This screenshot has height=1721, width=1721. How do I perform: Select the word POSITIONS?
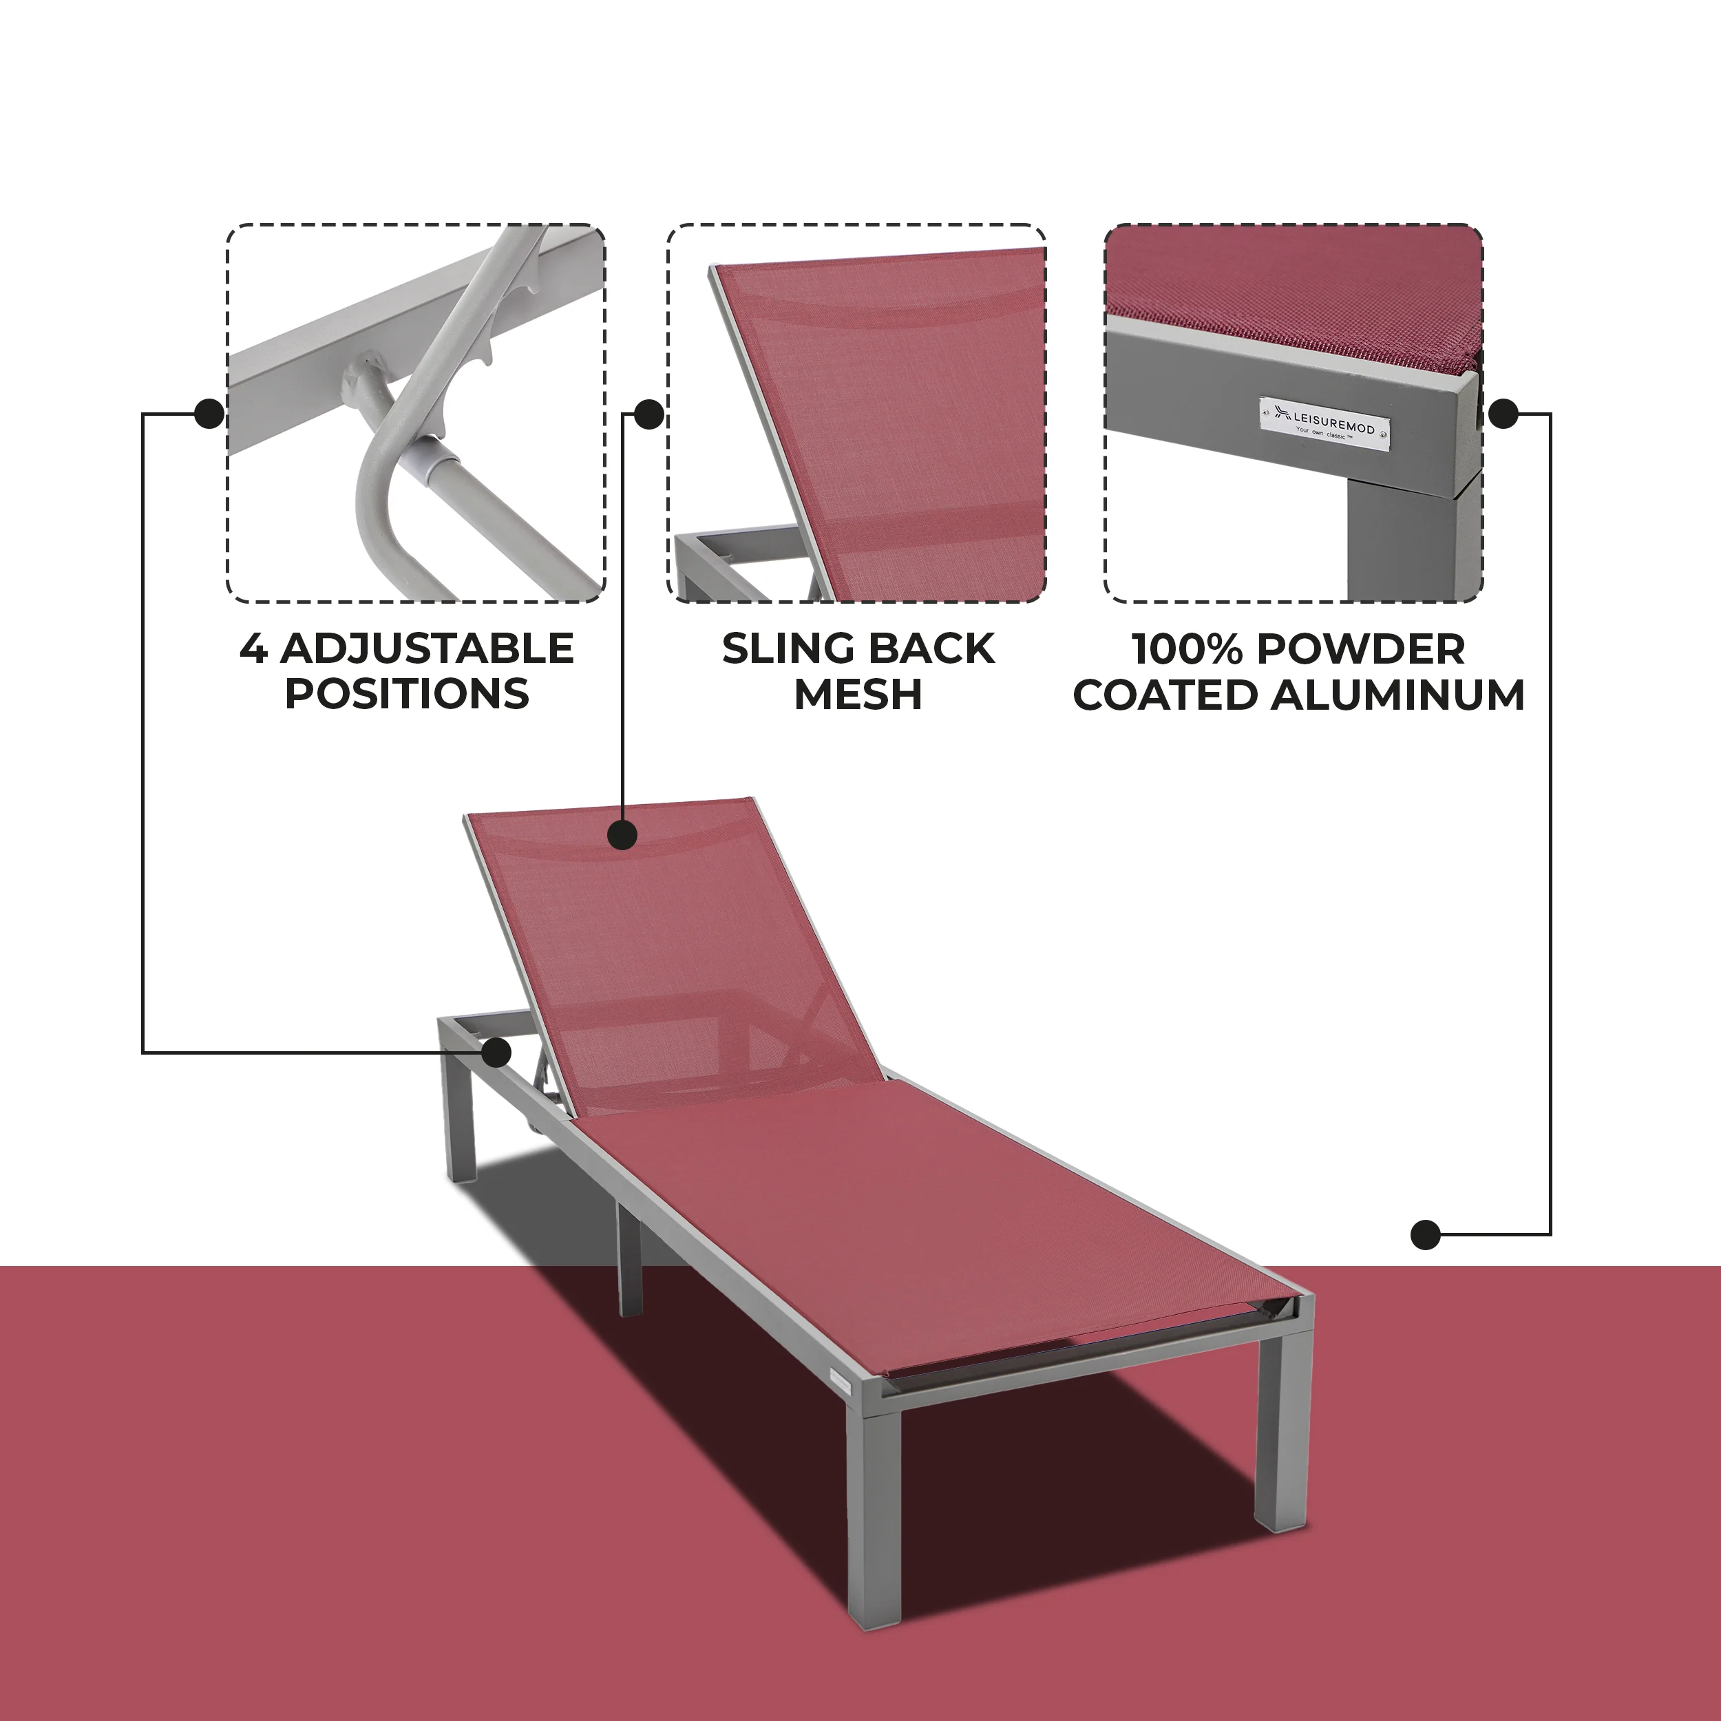click(407, 694)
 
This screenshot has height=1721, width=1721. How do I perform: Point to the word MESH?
click(858, 694)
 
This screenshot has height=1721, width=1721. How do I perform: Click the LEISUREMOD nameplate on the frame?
click(1324, 421)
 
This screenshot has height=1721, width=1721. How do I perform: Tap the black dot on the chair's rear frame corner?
click(496, 1053)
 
